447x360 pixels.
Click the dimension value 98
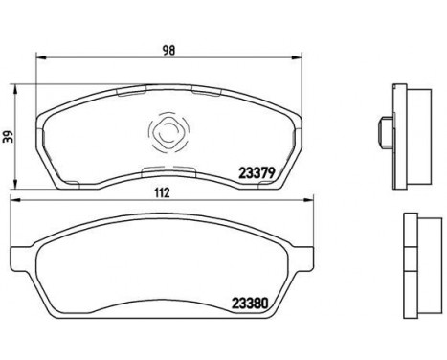[x=168, y=51]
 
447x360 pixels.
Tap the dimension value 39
[x=10, y=137]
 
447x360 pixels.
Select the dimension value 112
[x=162, y=192]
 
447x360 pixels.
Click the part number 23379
[x=257, y=173]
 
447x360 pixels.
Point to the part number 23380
[x=250, y=303]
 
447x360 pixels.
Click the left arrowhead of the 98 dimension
[x=41, y=57]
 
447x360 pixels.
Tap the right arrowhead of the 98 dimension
[x=297, y=57]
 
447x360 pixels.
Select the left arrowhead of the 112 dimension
[x=16, y=200]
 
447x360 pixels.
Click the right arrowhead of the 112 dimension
[x=309, y=200]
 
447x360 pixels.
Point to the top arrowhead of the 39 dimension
[x=14, y=90]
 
